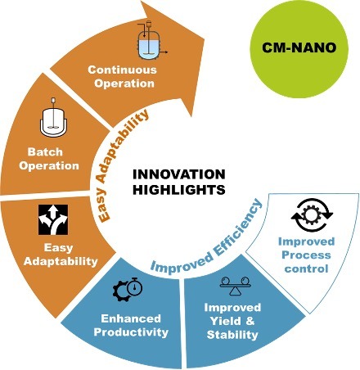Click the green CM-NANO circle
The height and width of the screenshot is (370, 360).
(x=299, y=48)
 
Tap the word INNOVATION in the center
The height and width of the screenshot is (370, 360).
(x=179, y=174)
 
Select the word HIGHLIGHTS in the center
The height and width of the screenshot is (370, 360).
(x=179, y=190)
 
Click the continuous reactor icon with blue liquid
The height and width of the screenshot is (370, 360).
(x=149, y=40)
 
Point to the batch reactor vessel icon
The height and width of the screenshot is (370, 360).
(x=53, y=117)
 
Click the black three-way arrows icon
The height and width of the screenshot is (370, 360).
(x=53, y=219)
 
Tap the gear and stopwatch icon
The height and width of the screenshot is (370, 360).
(x=128, y=289)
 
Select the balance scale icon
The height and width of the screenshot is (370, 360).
(x=235, y=286)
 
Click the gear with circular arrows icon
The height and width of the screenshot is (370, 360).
(x=312, y=214)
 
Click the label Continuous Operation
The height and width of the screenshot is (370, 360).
(x=123, y=77)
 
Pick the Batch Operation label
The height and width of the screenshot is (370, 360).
(x=49, y=159)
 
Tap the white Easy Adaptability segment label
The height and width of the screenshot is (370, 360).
(x=61, y=255)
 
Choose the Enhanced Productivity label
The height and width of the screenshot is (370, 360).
(x=131, y=326)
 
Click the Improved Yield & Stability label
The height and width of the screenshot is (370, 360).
(x=232, y=321)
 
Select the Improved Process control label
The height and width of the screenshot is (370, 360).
(x=306, y=255)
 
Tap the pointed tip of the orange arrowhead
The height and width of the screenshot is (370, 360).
(x=205, y=39)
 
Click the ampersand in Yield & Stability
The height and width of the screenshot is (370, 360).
(x=250, y=321)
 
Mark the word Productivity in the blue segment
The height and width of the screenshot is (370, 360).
(x=131, y=332)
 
